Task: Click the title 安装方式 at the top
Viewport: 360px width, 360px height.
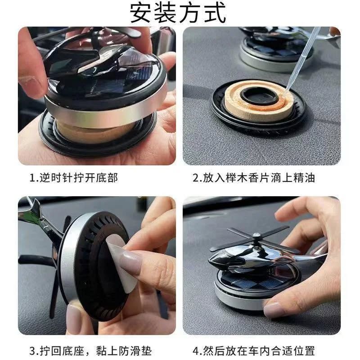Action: (178, 13)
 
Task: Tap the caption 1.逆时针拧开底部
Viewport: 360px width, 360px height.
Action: (74, 178)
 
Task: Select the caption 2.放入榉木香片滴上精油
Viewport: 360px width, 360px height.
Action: (254, 178)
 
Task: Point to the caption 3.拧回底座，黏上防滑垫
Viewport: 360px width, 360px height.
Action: (91, 351)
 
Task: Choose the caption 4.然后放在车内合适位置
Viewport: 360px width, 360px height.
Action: (254, 351)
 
